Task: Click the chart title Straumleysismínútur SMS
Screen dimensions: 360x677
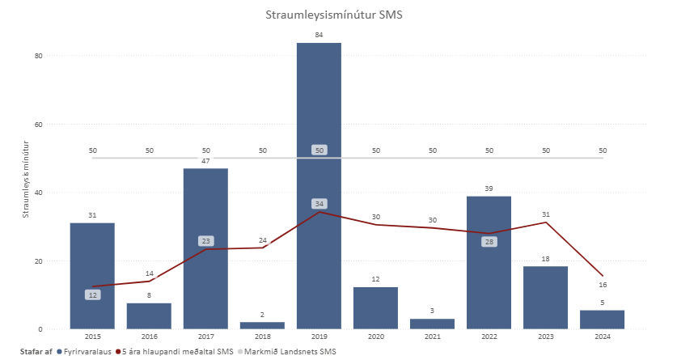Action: tap(337, 15)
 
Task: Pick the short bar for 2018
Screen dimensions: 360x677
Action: tap(262, 325)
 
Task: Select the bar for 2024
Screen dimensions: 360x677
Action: tap(602, 320)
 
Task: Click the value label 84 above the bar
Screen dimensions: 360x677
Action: tap(319, 35)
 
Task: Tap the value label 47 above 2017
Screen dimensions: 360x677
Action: tap(205, 161)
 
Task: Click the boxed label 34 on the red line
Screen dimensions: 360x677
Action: tap(319, 203)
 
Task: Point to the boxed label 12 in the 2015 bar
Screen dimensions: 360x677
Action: tap(92, 295)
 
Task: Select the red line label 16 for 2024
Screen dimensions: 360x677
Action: tap(603, 285)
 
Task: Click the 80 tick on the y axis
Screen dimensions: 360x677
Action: tap(38, 56)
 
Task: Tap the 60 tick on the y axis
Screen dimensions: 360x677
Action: tap(38, 125)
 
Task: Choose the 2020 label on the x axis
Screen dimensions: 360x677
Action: tap(375, 337)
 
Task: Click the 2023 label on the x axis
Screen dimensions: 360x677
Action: tap(545, 337)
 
